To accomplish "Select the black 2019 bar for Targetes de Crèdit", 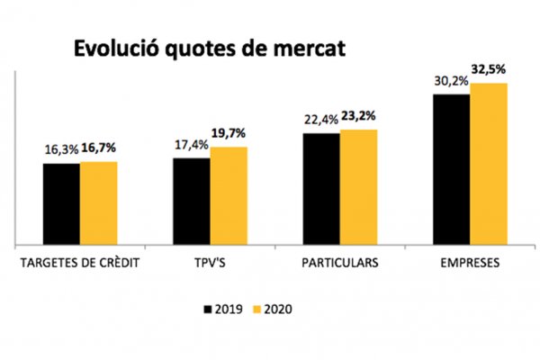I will point(61,203).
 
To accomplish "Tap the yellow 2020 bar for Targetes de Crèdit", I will point(98,202).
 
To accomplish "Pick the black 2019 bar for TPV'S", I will point(192,201).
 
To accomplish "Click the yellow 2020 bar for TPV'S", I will point(229,195).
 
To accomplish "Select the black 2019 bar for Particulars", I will point(321,188).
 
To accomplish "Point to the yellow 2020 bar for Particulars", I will point(358,186).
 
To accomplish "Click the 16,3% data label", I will point(61,151).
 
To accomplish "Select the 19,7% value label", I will point(229,134).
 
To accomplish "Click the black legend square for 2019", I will point(209,310).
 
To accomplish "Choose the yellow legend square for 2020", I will point(256,310).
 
